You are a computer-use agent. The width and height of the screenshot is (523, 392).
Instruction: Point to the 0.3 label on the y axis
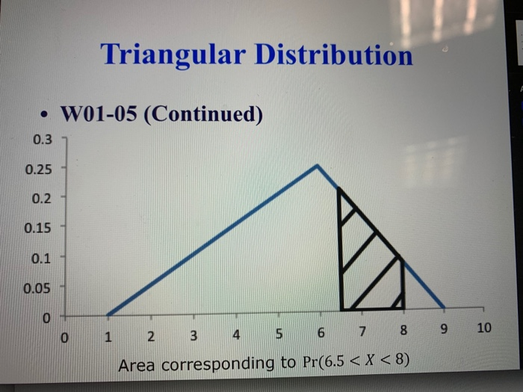click(x=43, y=140)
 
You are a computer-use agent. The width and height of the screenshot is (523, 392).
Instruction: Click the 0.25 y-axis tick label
click(x=39, y=169)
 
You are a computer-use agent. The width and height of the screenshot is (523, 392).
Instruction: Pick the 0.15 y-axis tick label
click(x=39, y=227)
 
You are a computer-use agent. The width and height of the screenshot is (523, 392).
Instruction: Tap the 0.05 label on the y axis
click(x=39, y=287)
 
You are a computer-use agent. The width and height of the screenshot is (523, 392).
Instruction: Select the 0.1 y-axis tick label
click(x=43, y=258)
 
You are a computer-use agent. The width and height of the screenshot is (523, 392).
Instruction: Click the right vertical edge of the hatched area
click(x=403, y=284)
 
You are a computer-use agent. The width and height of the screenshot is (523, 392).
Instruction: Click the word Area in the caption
click(x=137, y=364)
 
